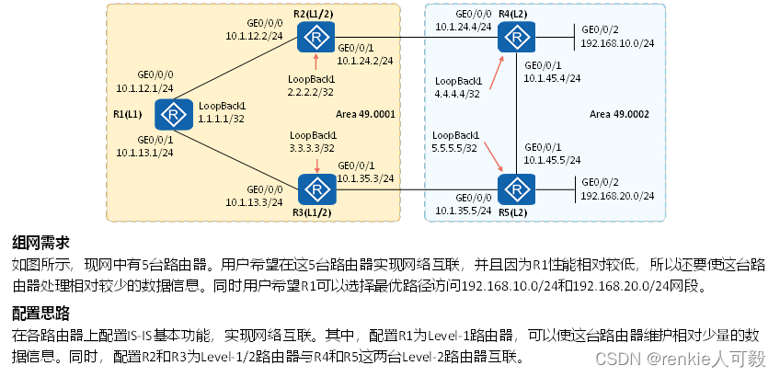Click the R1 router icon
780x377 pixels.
tap(172, 114)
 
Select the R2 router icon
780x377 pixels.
tap(315, 38)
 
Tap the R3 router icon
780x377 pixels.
tap(315, 188)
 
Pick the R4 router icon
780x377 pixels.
tap(516, 38)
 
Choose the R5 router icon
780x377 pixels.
tap(516, 188)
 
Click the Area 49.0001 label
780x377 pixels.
tap(364, 114)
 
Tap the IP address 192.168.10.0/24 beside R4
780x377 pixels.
tap(616, 42)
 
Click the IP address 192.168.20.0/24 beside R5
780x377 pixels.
tap(616, 196)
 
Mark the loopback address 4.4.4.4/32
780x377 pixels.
tap(456, 94)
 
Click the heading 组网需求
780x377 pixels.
tap(40, 243)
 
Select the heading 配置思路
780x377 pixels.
tap(40, 311)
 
